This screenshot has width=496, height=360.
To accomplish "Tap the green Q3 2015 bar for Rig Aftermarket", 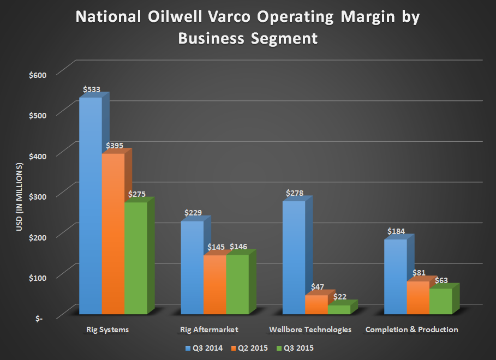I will pos(237,284).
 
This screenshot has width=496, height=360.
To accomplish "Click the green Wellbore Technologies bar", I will pos(339,309).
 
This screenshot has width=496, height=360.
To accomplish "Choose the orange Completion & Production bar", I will pos(418,297).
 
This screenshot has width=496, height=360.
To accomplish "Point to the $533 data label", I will pos(92,89).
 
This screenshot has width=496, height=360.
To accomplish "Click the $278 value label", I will pos(295,193).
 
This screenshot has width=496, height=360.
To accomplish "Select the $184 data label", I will pos(397,231).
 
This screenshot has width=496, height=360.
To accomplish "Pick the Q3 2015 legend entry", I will pos(295,347).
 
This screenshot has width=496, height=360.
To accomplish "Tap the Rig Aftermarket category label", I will pos(209,329).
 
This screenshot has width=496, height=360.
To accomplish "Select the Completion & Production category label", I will pos(411,329).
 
